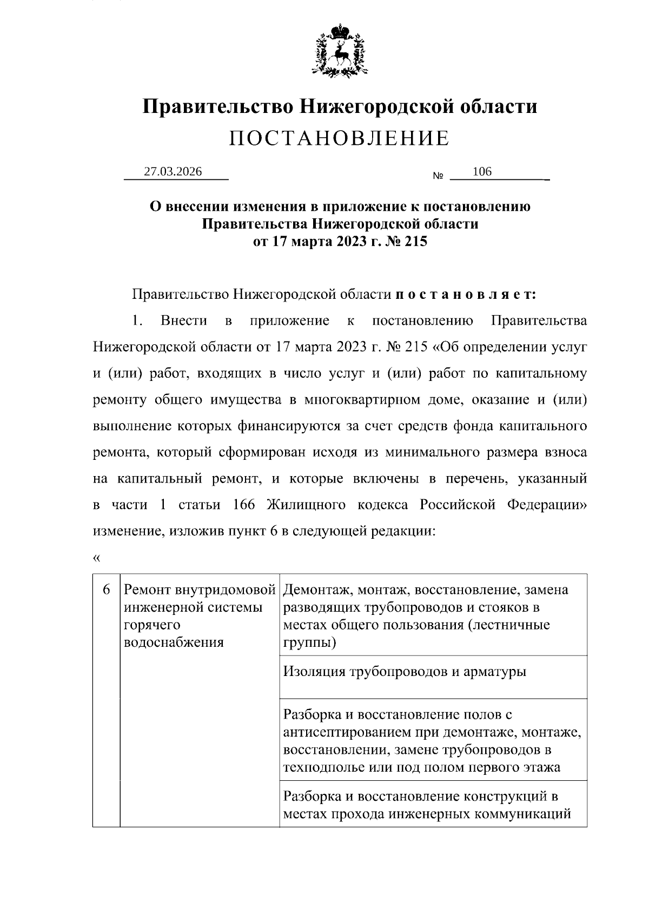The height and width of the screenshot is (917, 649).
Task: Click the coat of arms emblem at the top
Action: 340,49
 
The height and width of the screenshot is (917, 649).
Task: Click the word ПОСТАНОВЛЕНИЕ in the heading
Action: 339,138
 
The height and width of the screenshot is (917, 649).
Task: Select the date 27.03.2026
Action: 173,172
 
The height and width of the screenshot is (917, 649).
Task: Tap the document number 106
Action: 482,172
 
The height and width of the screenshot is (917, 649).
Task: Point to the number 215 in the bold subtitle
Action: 415,241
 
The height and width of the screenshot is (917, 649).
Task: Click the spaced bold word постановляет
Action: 466,294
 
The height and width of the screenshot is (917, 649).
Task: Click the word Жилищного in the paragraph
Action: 306,505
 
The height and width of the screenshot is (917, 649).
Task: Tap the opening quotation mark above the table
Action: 97,558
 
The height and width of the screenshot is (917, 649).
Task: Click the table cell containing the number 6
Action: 107,589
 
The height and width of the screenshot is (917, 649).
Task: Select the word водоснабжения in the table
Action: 174,642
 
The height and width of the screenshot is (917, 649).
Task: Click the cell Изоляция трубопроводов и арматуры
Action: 405,672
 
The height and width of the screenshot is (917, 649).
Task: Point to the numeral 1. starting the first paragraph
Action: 137,321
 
